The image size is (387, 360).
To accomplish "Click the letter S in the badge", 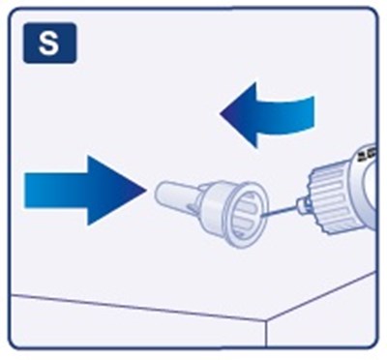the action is (x=48, y=44).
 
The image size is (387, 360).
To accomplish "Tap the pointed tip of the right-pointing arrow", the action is (x=146, y=191).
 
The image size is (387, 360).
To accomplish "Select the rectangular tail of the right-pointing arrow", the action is (x=56, y=191).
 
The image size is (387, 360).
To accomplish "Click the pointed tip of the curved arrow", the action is (x=222, y=113).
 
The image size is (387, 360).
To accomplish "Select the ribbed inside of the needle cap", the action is (x=246, y=214).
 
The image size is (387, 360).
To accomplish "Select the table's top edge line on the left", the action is (x=138, y=308).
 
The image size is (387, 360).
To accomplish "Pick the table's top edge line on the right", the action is (x=321, y=297).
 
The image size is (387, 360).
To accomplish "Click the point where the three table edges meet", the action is (x=266, y=320).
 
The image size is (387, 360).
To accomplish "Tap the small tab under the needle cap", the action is (x=193, y=210).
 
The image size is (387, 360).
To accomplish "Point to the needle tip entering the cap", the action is (x=262, y=216).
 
